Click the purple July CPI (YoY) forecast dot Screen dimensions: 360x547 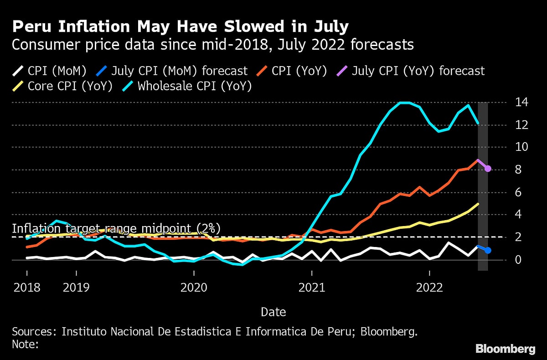[488, 169]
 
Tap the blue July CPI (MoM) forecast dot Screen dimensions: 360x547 [488, 250]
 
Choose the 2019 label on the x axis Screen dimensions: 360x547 [76, 288]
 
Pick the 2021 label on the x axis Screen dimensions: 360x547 [312, 288]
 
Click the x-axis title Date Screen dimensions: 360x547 [273, 312]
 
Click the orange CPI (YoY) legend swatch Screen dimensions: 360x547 [262, 71]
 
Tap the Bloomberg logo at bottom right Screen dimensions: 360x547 [506, 349]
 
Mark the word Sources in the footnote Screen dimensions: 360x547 [30, 331]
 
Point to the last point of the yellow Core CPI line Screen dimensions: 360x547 [478, 204]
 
